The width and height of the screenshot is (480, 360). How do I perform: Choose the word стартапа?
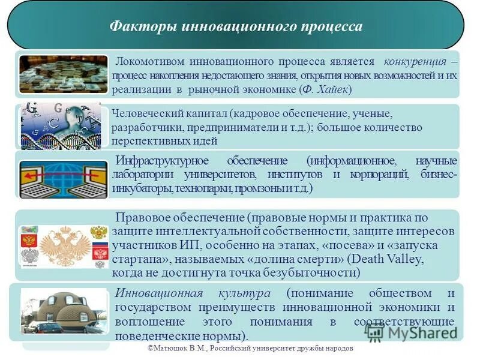point(140,259)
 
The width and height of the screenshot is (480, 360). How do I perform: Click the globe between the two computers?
point(63,179)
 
